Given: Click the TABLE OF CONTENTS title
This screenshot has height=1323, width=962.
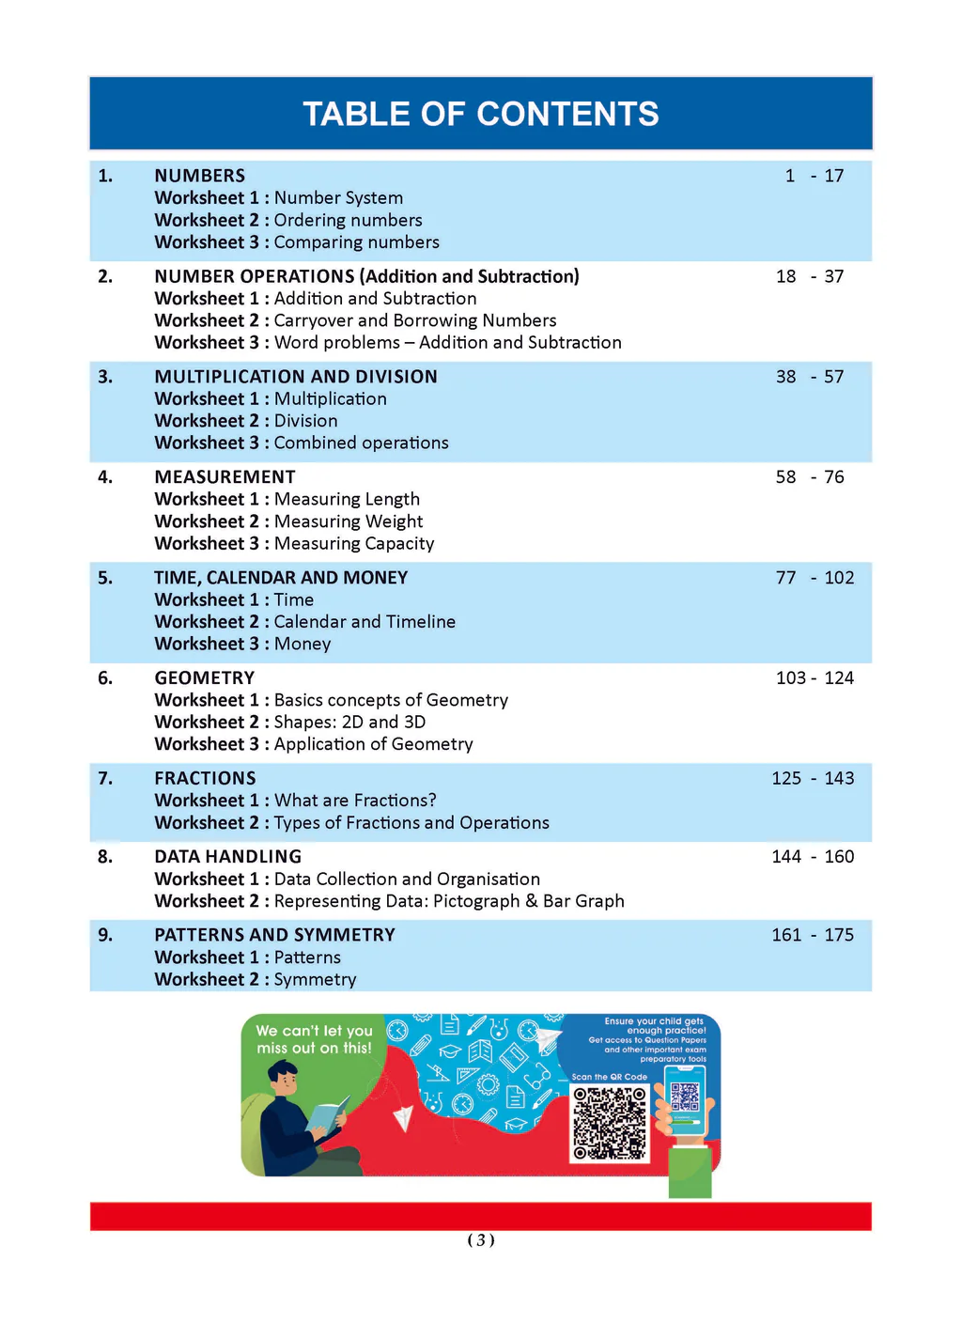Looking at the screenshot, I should tap(480, 114).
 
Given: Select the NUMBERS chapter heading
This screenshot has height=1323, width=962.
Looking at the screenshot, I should tap(199, 176).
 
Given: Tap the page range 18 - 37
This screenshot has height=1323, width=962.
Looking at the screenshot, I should tap(809, 276).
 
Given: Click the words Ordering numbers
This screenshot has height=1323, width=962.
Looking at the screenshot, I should tap(348, 220).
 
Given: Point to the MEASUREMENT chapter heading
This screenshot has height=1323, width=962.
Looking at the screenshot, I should tap(225, 477).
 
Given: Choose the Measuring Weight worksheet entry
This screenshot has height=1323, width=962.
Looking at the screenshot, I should tap(348, 521).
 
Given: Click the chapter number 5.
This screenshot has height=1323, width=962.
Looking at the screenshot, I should tap(105, 578).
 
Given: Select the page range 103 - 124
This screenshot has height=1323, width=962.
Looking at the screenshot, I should tap(814, 678).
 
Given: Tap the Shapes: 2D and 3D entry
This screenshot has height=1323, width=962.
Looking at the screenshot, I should tap(349, 723).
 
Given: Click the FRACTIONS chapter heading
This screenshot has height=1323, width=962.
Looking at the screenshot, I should tap(205, 778).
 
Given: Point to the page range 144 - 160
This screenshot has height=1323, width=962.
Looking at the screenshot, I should tap(813, 857).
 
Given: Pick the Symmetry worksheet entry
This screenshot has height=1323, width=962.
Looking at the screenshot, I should tap(315, 980).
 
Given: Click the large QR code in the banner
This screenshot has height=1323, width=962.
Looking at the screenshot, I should tap(610, 1123).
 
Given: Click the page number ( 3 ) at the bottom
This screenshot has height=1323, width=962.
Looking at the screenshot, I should tap(480, 1240).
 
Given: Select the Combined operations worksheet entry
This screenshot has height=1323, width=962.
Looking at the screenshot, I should tap(361, 444).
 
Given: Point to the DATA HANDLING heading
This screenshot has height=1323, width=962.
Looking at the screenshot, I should tap(227, 857).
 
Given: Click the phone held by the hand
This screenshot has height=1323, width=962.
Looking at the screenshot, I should tap(686, 1104).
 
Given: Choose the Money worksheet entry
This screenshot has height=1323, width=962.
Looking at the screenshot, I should tap(303, 645).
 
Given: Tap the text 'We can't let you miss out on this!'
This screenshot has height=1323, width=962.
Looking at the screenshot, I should tap(314, 1039).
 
